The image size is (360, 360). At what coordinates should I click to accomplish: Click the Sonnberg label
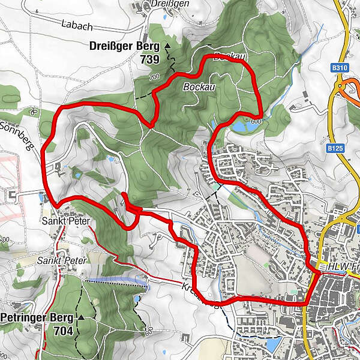(19, 135)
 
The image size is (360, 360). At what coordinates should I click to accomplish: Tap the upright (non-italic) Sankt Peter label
(66, 221)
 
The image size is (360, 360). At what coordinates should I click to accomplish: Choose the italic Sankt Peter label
(61, 260)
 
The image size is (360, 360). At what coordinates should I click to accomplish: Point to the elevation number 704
(62, 330)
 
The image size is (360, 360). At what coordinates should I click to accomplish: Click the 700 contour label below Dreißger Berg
(154, 77)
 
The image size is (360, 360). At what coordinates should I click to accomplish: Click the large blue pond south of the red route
(272, 344)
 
